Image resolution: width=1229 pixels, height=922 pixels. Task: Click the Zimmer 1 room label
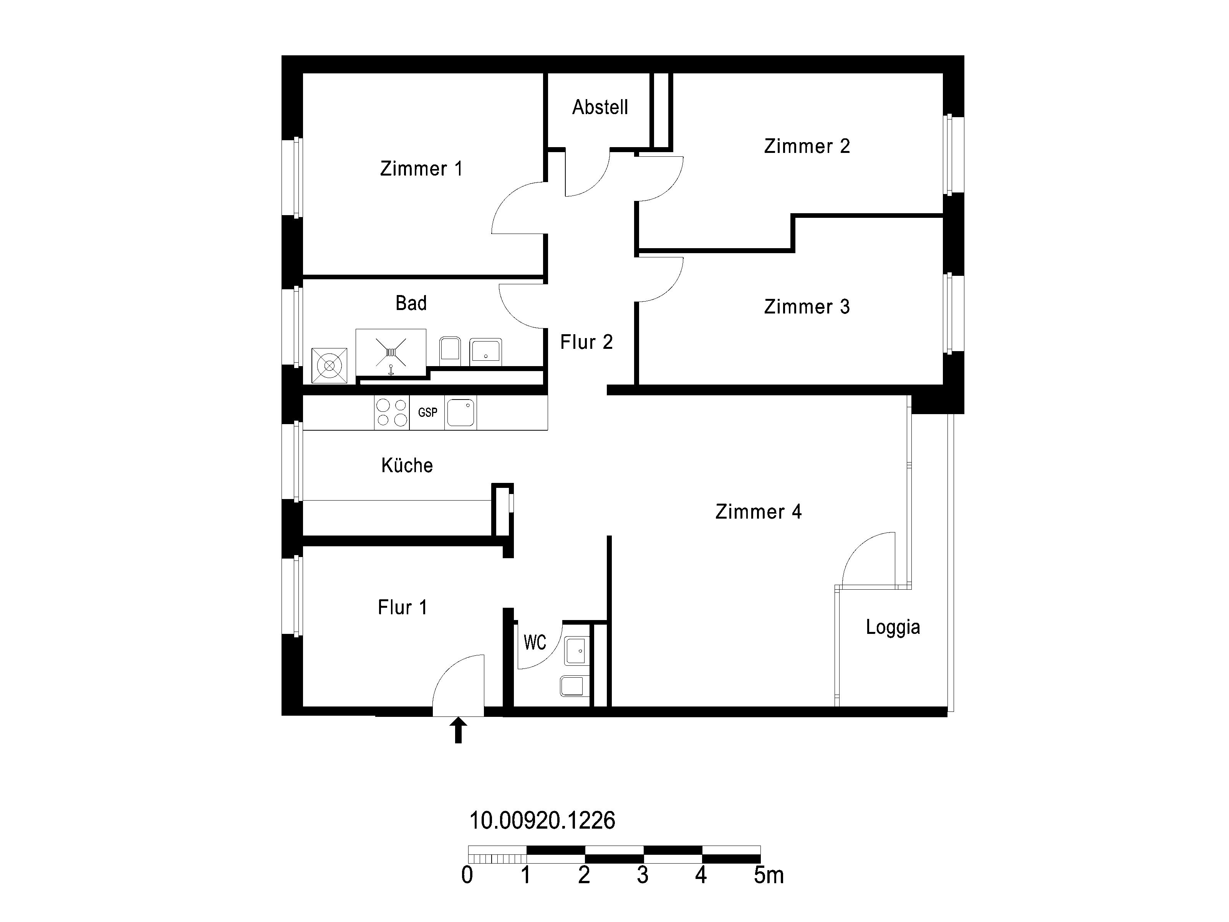pyautogui.click(x=421, y=168)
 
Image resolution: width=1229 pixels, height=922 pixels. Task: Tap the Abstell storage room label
pyautogui.click(x=600, y=107)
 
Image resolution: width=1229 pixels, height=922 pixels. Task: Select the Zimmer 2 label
pyautogui.click(x=807, y=146)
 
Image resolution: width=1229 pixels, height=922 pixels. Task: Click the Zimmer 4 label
pyautogui.click(x=759, y=511)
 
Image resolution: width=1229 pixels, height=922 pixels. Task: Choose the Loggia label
pyautogui.click(x=893, y=627)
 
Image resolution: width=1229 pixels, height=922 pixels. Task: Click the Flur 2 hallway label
pyautogui.click(x=586, y=342)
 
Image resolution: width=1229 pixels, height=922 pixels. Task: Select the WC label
pyautogui.click(x=535, y=642)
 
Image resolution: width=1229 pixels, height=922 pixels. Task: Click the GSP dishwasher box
pyautogui.click(x=427, y=412)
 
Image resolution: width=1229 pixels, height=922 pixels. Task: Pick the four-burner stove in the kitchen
pyautogui.click(x=392, y=412)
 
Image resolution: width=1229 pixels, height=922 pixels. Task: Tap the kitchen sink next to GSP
pyautogui.click(x=460, y=412)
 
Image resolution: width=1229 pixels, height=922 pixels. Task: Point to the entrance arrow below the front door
pyautogui.click(x=458, y=730)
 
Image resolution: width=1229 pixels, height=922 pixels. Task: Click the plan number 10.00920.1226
pyautogui.click(x=542, y=820)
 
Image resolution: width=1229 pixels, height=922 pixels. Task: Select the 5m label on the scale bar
pyautogui.click(x=769, y=875)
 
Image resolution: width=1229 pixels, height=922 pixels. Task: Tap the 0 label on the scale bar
pyautogui.click(x=467, y=875)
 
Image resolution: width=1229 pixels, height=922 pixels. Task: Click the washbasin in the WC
pyautogui.click(x=577, y=651)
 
